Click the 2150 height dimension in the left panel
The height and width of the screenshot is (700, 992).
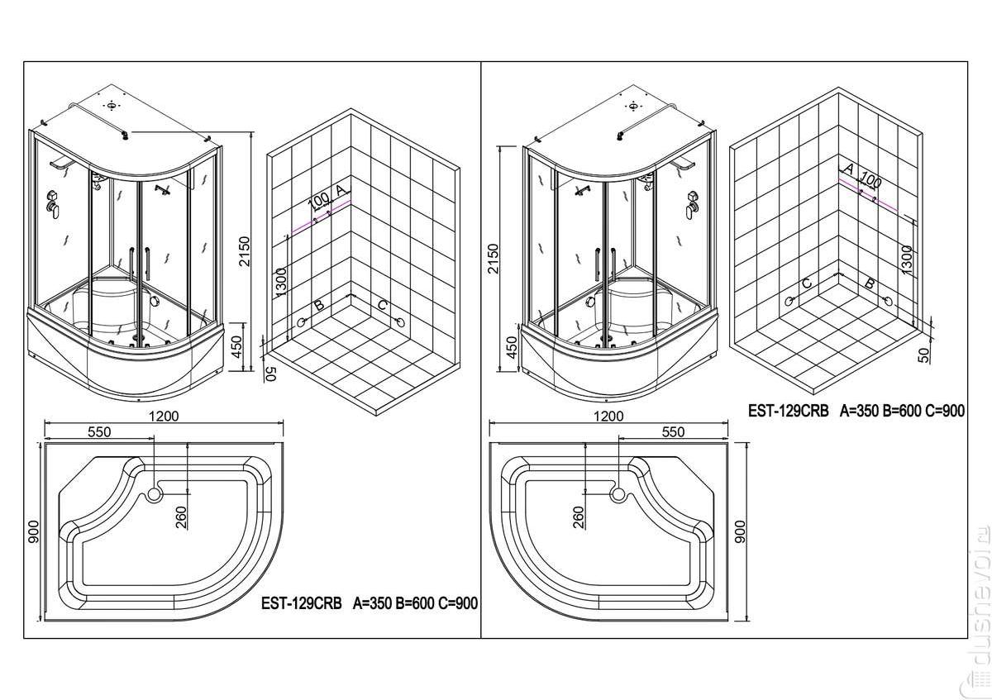[x=244, y=251]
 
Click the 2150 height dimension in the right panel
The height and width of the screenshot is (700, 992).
[x=493, y=259]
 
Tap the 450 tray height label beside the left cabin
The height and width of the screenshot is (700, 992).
[x=237, y=347]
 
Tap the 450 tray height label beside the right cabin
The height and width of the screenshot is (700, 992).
[x=512, y=348]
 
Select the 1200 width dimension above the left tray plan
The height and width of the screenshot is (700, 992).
[x=164, y=417]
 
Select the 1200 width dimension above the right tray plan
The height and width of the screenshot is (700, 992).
[x=608, y=417]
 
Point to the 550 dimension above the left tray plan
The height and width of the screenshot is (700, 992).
[x=99, y=431]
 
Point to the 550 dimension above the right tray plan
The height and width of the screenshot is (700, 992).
[x=673, y=431]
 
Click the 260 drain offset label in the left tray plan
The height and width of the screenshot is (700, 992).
[x=182, y=517]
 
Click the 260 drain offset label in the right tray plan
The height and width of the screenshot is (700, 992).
[x=579, y=517]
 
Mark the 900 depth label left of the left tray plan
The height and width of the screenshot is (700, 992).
[x=34, y=531]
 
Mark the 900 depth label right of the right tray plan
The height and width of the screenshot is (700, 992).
[x=740, y=531]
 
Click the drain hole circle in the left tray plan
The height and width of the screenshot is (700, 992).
[x=155, y=494]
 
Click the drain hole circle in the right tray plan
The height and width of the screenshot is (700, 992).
[x=618, y=494]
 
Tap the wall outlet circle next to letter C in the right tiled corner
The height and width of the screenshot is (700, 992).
[x=789, y=301]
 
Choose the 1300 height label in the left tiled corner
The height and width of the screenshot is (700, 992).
[x=281, y=283]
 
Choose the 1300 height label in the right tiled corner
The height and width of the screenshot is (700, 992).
[x=906, y=260]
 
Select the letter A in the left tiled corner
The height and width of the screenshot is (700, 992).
[x=340, y=191]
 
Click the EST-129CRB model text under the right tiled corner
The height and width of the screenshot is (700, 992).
[x=789, y=411]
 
